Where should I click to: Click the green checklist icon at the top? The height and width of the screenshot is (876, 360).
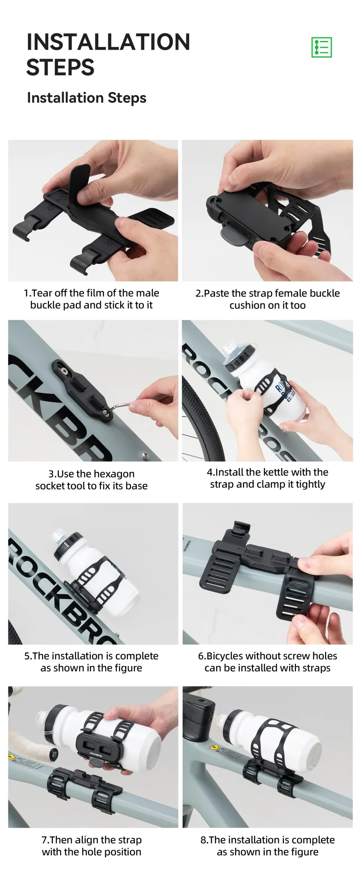coord(321,47)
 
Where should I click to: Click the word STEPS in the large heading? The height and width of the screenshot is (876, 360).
coord(61,67)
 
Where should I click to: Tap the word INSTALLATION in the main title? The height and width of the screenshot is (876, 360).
coord(108,42)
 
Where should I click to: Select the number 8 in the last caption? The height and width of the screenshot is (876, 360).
coord(203,840)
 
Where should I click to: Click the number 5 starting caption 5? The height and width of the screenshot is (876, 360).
coord(27,656)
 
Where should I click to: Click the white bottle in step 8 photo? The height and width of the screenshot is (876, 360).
coord(271,733)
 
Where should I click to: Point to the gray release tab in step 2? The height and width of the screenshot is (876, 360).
coord(235,237)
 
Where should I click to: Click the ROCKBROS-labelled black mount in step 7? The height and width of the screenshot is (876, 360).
coord(96,745)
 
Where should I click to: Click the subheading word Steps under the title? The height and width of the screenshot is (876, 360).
coord(127,98)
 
